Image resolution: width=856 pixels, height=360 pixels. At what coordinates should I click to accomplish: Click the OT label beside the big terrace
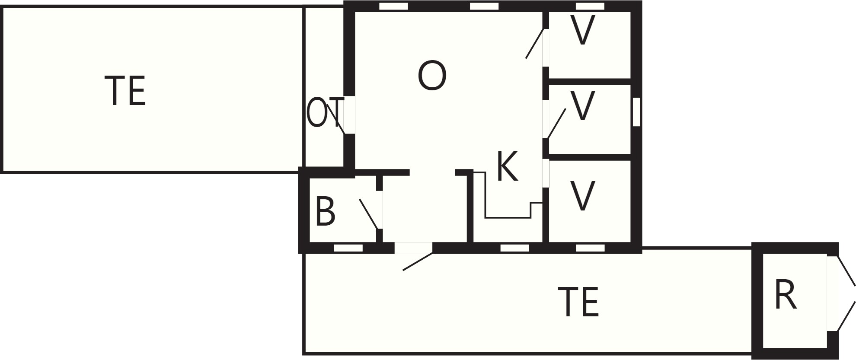(325, 113)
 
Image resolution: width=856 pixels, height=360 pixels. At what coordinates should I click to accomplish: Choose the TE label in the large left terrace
(125, 91)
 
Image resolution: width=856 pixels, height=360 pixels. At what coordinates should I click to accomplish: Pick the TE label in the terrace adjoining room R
(578, 302)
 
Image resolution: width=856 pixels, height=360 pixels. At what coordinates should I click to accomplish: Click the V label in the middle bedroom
(582, 105)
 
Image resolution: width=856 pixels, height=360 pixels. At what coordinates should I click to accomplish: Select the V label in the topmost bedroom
(582, 30)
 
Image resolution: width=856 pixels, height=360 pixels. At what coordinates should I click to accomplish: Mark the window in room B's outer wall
(348, 248)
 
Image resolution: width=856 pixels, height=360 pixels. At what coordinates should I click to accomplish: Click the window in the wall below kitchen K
(514, 248)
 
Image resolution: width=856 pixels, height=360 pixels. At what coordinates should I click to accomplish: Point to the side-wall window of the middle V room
(636, 112)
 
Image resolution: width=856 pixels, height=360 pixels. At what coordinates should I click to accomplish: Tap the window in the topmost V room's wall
(590, 6)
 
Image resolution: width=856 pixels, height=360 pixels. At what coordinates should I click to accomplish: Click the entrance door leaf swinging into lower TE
(418, 262)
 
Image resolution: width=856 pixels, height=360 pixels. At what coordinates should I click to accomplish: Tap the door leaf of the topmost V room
(534, 43)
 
